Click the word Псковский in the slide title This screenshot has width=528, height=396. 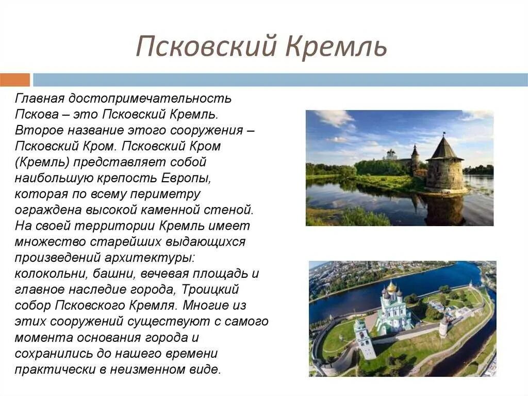206,47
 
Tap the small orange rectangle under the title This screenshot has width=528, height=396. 15,80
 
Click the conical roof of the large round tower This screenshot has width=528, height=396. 444,148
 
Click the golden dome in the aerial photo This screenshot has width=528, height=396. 392,287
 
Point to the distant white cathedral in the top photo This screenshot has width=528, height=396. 391,154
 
